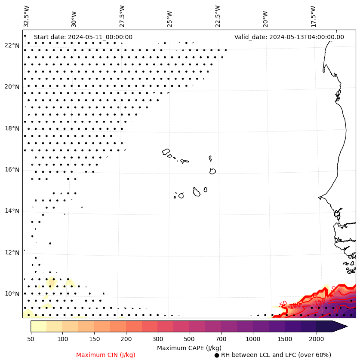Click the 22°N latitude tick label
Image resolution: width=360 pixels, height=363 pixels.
[12, 46]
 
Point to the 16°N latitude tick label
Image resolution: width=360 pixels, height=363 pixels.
[12, 170]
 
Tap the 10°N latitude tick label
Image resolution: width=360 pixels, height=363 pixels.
[12, 294]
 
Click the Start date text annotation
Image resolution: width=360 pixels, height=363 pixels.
[83, 37]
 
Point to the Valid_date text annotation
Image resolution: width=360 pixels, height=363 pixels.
[289, 37]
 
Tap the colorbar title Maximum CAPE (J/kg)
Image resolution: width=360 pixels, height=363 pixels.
[189, 348]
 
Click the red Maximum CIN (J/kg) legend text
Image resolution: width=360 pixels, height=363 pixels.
[105, 355]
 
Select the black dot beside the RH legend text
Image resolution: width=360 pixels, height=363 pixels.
[217, 355]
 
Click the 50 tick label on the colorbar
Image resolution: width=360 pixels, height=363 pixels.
[31, 339]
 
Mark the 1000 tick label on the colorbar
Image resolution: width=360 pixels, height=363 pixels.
[253, 339]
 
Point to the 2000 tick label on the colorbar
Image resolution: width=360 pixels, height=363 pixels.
[317, 339]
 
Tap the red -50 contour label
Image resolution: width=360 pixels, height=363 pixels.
[283, 304]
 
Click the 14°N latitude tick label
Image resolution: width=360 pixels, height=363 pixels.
[12, 211]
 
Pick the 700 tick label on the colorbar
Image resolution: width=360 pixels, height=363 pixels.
[222, 339]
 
